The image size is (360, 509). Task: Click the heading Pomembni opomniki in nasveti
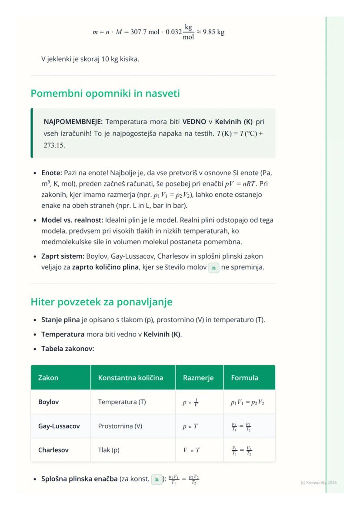pyautogui.click(x=105, y=93)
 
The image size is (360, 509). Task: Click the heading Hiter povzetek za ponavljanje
pyautogui.click(x=102, y=302)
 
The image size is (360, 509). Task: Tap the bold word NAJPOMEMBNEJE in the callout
pyautogui.click(x=72, y=122)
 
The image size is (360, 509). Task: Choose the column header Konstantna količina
pyautogui.click(x=130, y=377)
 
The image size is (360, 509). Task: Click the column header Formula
pyautogui.click(x=241, y=377)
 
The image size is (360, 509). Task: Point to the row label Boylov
pyautogui.click(x=48, y=402)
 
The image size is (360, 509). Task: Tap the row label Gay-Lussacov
pyautogui.click(x=59, y=426)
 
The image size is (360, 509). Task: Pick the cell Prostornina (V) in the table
pyautogui.click(x=120, y=426)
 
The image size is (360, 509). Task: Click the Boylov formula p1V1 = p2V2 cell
pyautogui.click(x=247, y=402)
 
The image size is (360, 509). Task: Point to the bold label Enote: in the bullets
pyautogui.click(x=52, y=173)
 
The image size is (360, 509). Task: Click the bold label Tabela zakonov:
pyautogui.click(x=67, y=349)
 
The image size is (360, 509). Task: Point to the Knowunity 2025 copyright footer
pyautogui.click(x=318, y=482)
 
